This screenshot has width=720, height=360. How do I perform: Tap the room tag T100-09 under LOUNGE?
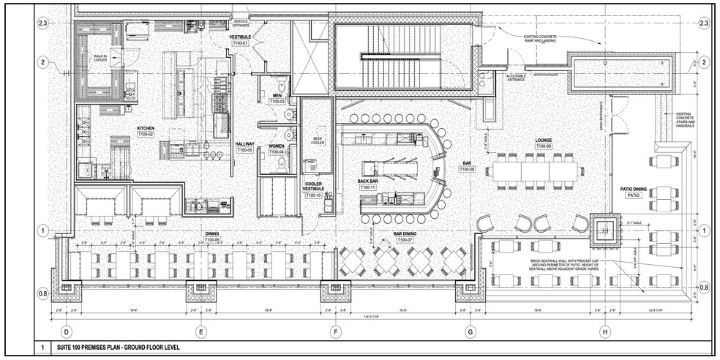[543, 146]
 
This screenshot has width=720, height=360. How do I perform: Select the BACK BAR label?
[367, 180]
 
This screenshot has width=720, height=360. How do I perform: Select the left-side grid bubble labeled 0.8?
[44, 294]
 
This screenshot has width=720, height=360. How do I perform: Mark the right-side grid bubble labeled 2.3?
[704, 24]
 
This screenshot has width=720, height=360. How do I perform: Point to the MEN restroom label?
[277, 94]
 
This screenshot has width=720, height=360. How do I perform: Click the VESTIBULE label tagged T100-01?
[241, 36]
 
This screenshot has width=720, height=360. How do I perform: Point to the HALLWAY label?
[244, 143]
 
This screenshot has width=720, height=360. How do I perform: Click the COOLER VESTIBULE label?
[314, 187]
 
